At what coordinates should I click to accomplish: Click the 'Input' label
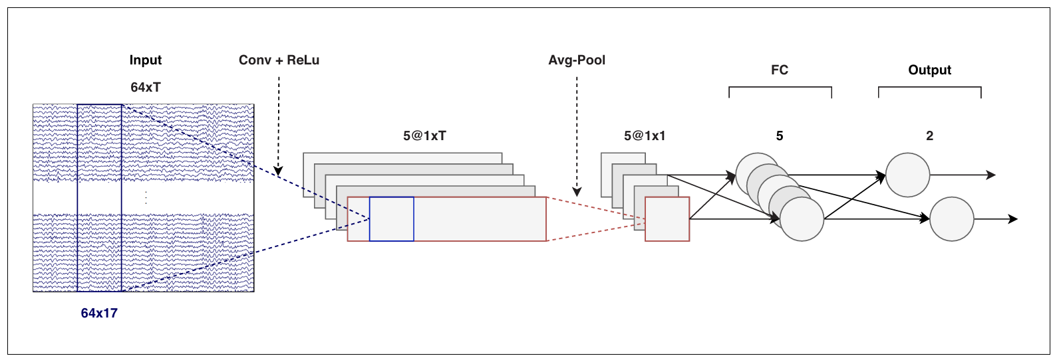click(x=146, y=60)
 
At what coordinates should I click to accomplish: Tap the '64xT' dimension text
click(x=146, y=88)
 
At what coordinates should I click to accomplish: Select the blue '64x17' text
click(x=99, y=313)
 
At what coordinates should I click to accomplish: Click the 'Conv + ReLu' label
click(x=279, y=60)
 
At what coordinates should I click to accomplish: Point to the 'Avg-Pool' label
click(x=577, y=60)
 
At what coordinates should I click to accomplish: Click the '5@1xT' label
click(x=424, y=136)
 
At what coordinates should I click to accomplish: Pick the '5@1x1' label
click(x=645, y=136)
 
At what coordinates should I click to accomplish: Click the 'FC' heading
click(x=780, y=70)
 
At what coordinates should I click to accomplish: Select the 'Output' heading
click(x=929, y=70)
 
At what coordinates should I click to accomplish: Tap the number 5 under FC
click(x=780, y=136)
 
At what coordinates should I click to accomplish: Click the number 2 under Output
click(x=929, y=136)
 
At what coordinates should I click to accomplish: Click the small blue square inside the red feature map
click(x=392, y=219)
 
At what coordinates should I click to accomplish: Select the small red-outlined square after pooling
click(x=667, y=219)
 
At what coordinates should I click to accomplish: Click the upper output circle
click(x=908, y=175)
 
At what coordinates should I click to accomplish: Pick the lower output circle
click(x=952, y=219)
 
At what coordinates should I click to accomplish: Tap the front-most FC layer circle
click(x=802, y=219)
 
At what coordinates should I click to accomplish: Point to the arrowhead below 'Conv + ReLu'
click(x=279, y=172)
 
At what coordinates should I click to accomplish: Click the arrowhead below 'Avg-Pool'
click(x=577, y=192)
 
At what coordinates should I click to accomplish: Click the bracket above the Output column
click(x=929, y=88)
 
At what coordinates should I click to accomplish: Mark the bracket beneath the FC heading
click(x=780, y=88)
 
